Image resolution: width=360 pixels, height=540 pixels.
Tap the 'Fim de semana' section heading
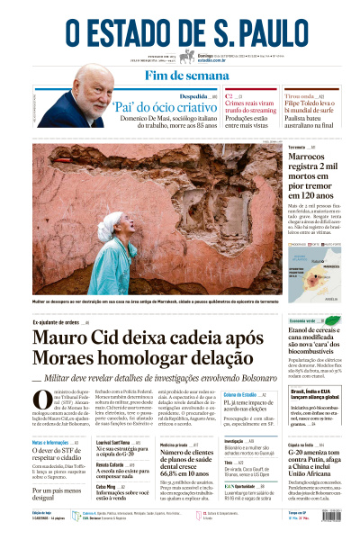coord(180,75)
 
